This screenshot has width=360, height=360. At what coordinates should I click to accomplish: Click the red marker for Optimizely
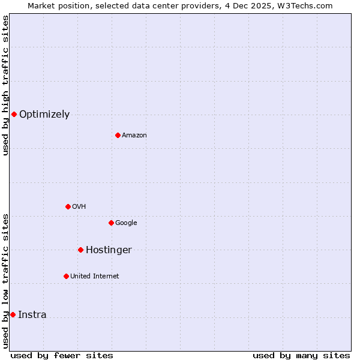(14, 114)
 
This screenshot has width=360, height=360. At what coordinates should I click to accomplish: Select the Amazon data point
(118, 135)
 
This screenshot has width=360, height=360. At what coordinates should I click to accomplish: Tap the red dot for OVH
(68, 206)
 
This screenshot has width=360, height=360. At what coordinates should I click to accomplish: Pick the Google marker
(111, 223)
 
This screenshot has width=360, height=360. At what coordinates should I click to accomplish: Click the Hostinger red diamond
(80, 250)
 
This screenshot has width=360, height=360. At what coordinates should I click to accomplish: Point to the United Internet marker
(66, 276)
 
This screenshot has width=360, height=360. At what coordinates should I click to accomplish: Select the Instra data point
(13, 314)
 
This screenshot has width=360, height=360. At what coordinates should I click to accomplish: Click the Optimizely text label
(44, 114)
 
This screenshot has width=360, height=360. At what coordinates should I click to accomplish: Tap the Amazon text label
(134, 135)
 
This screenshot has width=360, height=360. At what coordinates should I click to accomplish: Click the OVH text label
(79, 206)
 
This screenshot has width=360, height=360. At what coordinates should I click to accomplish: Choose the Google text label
(126, 223)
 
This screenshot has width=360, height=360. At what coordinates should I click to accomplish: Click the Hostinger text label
(109, 250)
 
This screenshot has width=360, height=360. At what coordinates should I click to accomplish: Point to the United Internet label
(95, 276)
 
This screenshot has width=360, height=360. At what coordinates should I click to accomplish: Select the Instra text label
(32, 314)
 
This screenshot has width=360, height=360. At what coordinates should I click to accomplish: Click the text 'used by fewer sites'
(62, 355)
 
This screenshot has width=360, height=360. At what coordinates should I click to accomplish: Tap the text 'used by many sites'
(301, 355)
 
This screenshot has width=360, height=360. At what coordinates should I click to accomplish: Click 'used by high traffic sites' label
(5, 85)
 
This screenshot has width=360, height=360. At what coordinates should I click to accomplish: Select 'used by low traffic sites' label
(5, 280)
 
